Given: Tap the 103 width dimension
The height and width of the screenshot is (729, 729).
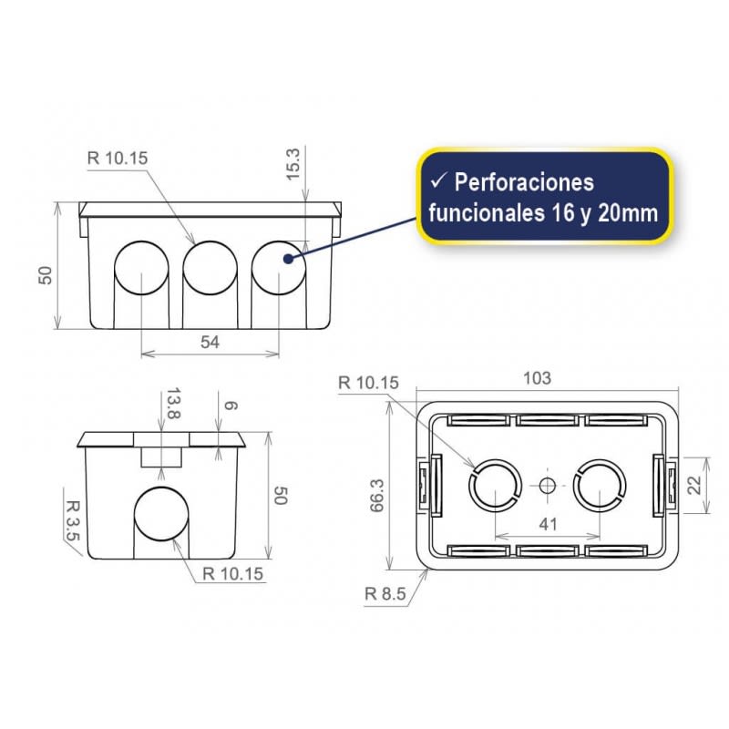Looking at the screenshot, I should click(538, 377).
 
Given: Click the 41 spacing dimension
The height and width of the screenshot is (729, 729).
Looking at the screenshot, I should click(547, 525).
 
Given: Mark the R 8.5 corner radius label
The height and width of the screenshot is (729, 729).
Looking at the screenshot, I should click(383, 593).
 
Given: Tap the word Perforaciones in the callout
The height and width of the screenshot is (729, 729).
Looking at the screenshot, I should click(524, 182).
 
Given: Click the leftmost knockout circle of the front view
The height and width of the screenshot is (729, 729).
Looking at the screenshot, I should click(141, 268).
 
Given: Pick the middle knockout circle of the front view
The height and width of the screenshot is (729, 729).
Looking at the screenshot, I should click(210, 268).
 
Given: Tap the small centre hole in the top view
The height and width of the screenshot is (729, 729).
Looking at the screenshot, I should click(547, 486).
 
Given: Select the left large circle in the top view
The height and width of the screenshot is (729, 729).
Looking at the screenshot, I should click(494, 486).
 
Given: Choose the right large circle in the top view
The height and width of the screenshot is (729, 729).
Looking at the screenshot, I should click(601, 486).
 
